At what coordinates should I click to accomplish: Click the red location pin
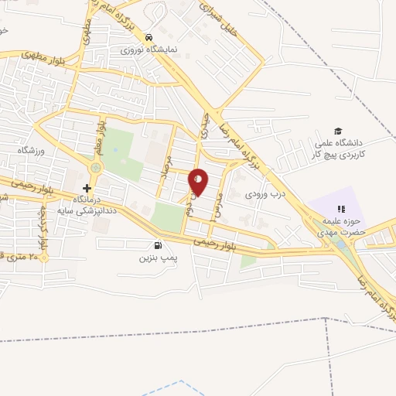(x=198, y=182)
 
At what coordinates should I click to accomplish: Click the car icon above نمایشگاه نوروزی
(x=148, y=36)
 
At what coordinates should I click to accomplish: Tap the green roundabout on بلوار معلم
(x=96, y=167)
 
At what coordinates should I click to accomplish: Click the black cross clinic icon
(x=87, y=188)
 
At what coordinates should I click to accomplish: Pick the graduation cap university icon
(x=337, y=131)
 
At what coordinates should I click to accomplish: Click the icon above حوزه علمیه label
(x=340, y=208)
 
